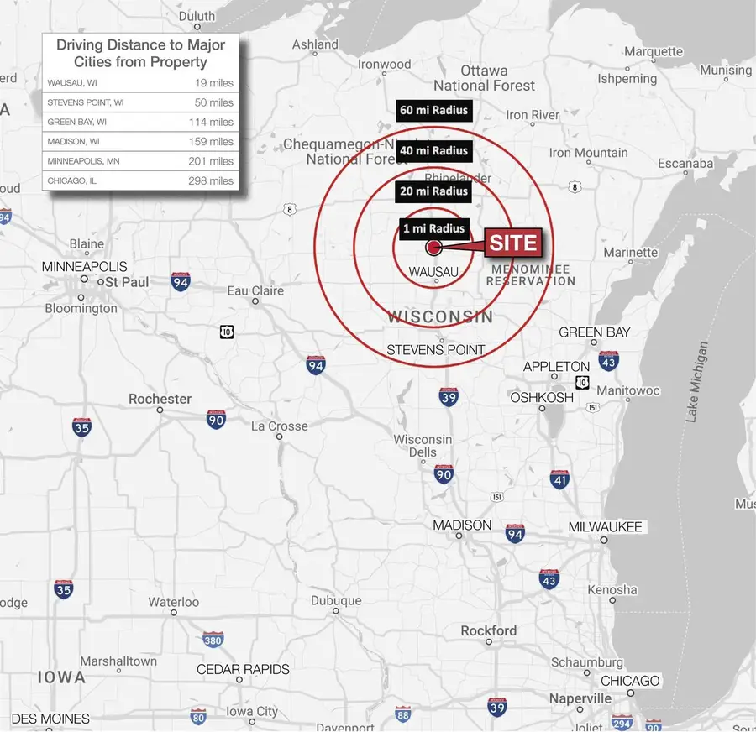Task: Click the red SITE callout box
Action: [512, 244]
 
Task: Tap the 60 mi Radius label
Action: [433, 110]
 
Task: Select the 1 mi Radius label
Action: [433, 228]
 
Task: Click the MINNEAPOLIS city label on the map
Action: [84, 266]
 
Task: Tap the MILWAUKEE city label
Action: [605, 527]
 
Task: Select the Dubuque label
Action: [336, 601]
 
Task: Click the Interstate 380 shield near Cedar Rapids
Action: [213, 640]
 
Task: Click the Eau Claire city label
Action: [255, 290]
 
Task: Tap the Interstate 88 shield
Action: [403, 714]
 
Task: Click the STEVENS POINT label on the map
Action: [436, 349]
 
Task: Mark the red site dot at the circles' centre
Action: [433, 248]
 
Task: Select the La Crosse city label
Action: [280, 426]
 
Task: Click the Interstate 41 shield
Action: [559, 479]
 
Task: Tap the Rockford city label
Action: [489, 630]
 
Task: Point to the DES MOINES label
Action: [50, 719]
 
